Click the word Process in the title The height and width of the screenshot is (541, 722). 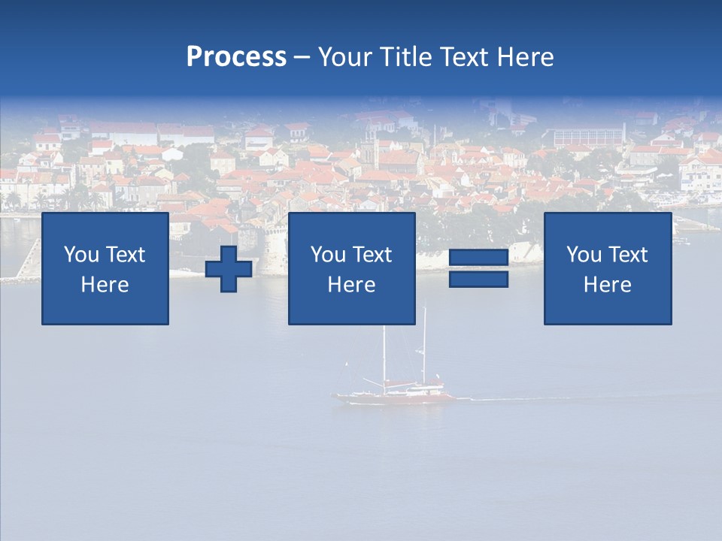coord(236,57)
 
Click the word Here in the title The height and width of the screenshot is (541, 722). coord(526,57)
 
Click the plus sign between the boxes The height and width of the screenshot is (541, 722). coord(229,269)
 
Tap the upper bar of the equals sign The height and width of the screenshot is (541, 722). coord(478,258)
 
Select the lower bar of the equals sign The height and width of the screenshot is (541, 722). coord(478,280)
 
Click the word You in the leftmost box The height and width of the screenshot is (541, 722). coord(81,255)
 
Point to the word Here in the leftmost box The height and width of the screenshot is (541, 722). coord(105,285)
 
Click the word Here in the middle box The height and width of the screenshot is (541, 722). coord(351,285)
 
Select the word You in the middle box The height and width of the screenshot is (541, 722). coord(328,255)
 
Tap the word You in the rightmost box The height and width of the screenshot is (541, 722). coord(584,255)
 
